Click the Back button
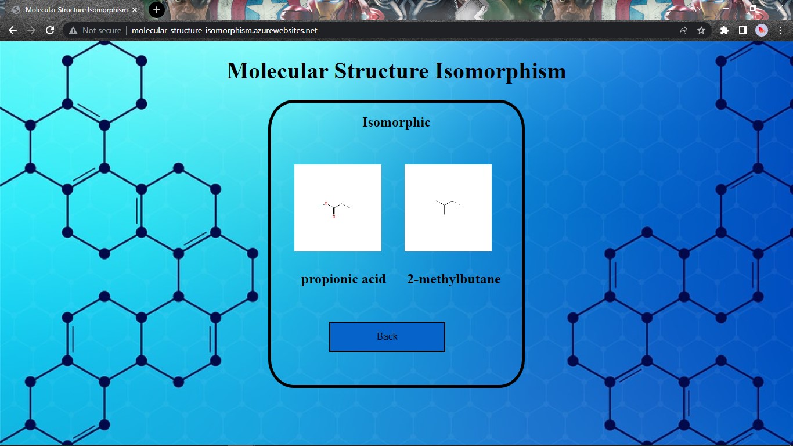[387, 337]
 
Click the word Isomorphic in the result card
[396, 123]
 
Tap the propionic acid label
[343, 279]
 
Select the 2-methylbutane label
[453, 279]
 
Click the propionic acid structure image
[338, 208]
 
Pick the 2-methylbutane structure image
[448, 208]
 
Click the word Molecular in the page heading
[277, 71]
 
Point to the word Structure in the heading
[381, 71]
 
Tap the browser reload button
[50, 30]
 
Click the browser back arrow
[13, 30]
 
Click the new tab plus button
[156, 10]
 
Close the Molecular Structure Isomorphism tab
[135, 10]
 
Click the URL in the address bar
[224, 30]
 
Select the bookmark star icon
[701, 30]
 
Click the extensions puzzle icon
[724, 30]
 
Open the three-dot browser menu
[781, 30]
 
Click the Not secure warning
[95, 30]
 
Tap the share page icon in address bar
[683, 30]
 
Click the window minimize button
[727, 9]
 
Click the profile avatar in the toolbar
[762, 30]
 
